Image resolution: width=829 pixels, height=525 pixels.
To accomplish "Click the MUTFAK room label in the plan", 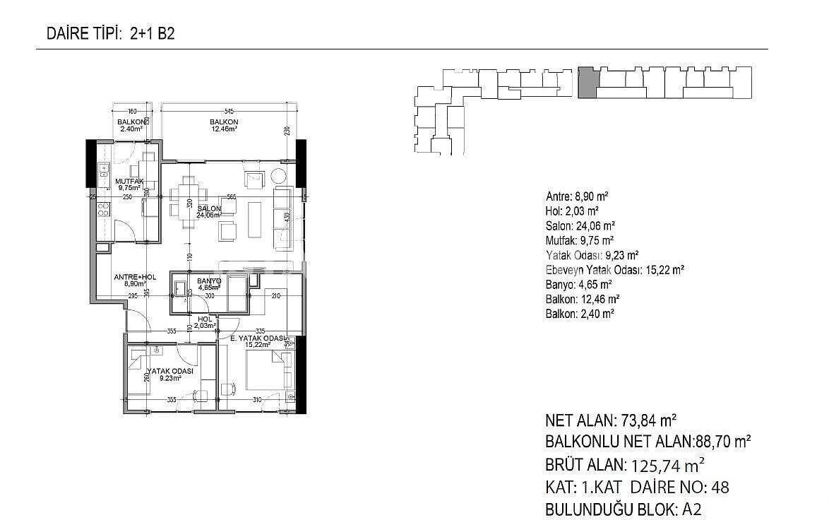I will coord(130,181).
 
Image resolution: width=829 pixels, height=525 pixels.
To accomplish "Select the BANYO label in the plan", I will coord(210,281).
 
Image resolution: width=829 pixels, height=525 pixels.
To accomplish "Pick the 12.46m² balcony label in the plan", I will coord(223,122).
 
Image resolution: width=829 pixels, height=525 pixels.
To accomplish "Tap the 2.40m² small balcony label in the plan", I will coord(132,122).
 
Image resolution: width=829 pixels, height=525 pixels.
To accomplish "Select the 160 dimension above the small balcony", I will coord(132,112).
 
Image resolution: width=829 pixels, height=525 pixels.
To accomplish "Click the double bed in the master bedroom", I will coord(267,370).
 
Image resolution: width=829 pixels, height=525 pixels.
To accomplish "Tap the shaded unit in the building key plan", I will coord(587,83).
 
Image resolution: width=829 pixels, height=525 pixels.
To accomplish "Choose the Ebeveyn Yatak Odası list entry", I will coord(615,269).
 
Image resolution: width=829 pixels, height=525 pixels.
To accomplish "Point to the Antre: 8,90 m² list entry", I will coord(578,196).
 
